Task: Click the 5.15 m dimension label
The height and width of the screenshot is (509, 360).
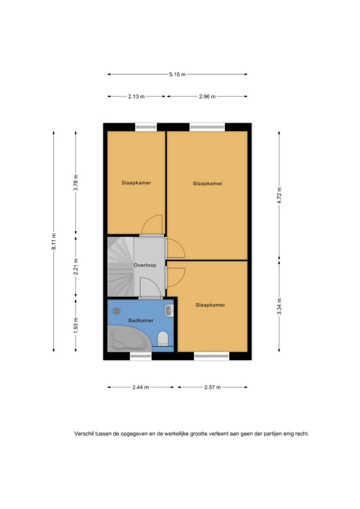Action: [177, 74]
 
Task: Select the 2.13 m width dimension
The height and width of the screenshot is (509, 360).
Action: [136, 97]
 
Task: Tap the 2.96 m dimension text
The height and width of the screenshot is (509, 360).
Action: [207, 97]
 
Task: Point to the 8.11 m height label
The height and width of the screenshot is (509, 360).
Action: [54, 241]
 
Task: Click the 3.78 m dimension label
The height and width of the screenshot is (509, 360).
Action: [76, 183]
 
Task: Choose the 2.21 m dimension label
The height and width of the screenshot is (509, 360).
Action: [76, 267]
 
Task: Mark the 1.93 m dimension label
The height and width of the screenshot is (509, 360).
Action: [76, 325]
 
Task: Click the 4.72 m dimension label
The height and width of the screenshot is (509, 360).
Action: [279, 195]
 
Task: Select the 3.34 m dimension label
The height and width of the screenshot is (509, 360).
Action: [279, 307]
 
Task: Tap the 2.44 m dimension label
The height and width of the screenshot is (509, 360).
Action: [141, 388]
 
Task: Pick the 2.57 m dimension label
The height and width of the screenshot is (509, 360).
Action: [212, 388]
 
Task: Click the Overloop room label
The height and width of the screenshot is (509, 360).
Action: [145, 265]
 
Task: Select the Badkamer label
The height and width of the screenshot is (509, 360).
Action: [141, 320]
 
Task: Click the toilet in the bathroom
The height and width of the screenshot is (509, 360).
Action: [163, 339]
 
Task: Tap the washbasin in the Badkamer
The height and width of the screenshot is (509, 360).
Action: [169, 311]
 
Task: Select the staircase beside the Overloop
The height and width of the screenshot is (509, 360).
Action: [120, 267]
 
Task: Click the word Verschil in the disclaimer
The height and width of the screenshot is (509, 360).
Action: [84, 434]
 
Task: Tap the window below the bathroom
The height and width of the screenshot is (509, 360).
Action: [141, 356]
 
